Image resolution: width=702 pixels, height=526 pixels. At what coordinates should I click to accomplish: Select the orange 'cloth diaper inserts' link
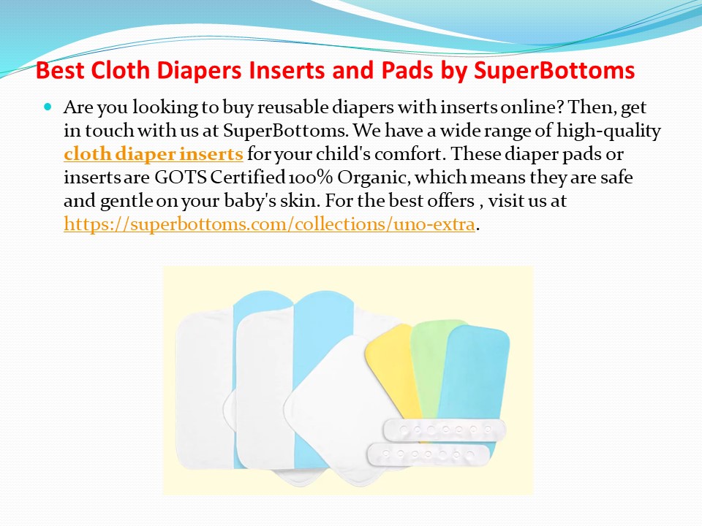(x=154, y=155)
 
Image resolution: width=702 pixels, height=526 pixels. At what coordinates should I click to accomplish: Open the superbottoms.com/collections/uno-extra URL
(x=270, y=224)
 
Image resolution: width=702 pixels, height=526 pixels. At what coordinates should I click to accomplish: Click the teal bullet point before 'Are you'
(x=49, y=107)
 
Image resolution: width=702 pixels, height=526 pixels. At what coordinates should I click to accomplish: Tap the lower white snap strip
(x=428, y=454)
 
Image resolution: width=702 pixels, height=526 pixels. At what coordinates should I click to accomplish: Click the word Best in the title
(x=61, y=72)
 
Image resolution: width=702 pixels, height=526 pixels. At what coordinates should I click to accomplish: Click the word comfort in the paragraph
(x=393, y=155)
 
